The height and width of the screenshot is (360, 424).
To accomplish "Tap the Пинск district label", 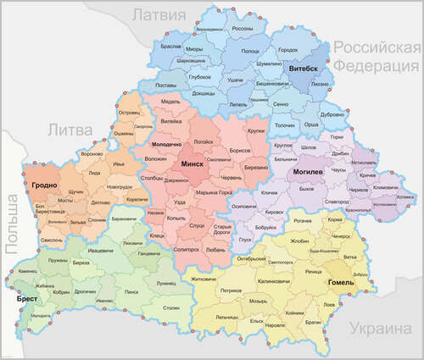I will [x=131, y=291].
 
